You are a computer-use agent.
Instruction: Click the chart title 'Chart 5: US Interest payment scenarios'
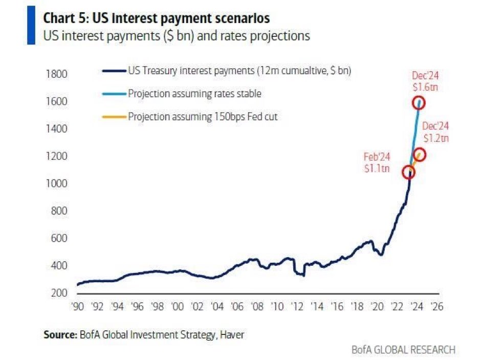156,18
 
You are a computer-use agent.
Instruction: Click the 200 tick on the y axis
59,293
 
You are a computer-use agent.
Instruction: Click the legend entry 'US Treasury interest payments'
239,71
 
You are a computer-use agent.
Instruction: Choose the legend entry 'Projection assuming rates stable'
194,94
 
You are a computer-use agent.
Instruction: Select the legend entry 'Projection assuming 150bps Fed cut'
203,116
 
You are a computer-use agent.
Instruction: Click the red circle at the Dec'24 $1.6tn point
419,102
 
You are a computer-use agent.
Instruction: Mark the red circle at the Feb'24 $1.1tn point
408,172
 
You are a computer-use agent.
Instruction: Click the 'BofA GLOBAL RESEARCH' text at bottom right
403,350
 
